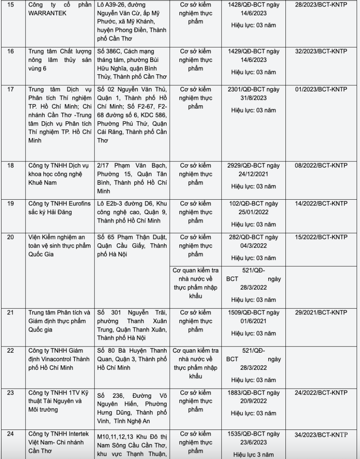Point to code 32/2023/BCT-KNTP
[x=321, y=51]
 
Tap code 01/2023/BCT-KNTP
[x=321, y=89]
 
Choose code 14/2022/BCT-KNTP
[x=321, y=204]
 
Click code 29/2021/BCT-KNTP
[x=321, y=312]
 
